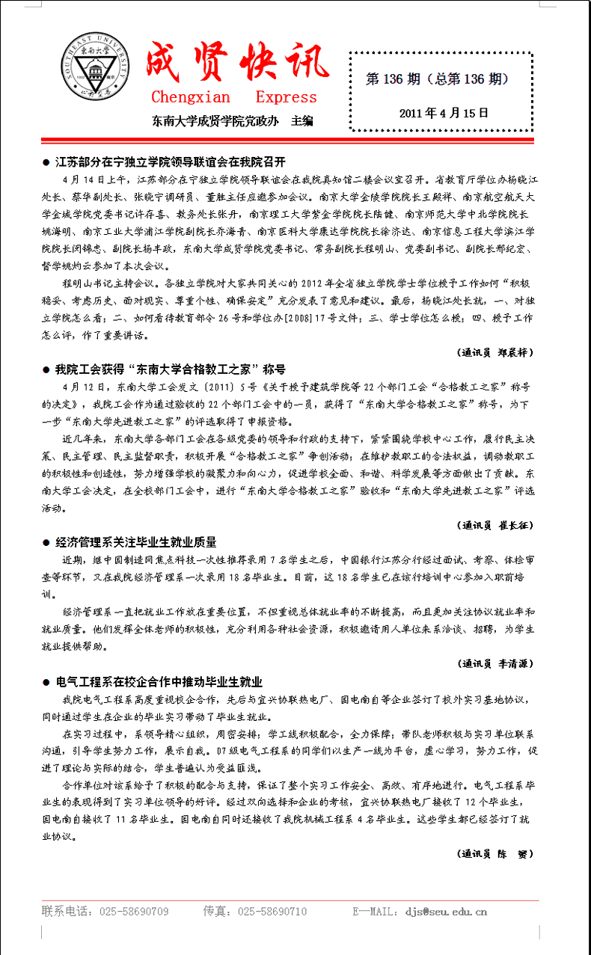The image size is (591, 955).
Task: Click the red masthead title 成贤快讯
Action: (x=238, y=62)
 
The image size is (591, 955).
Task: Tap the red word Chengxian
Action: (x=191, y=97)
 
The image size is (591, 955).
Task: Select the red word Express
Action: (x=286, y=97)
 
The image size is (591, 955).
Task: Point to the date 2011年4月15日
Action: (x=444, y=113)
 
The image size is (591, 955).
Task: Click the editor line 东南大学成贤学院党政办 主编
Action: (x=233, y=120)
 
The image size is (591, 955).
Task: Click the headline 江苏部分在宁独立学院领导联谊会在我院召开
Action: (x=171, y=162)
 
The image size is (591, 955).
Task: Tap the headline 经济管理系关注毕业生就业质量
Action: (x=136, y=542)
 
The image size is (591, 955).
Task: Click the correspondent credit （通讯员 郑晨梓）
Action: (x=494, y=351)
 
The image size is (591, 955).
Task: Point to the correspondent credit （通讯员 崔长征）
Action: (x=494, y=524)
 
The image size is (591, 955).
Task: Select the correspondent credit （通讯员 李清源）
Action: (x=494, y=663)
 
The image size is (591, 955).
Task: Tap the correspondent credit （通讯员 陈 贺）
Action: (x=494, y=853)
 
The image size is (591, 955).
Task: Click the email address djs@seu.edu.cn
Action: (x=446, y=912)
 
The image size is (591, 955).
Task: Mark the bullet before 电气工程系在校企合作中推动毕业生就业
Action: (x=46, y=682)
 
